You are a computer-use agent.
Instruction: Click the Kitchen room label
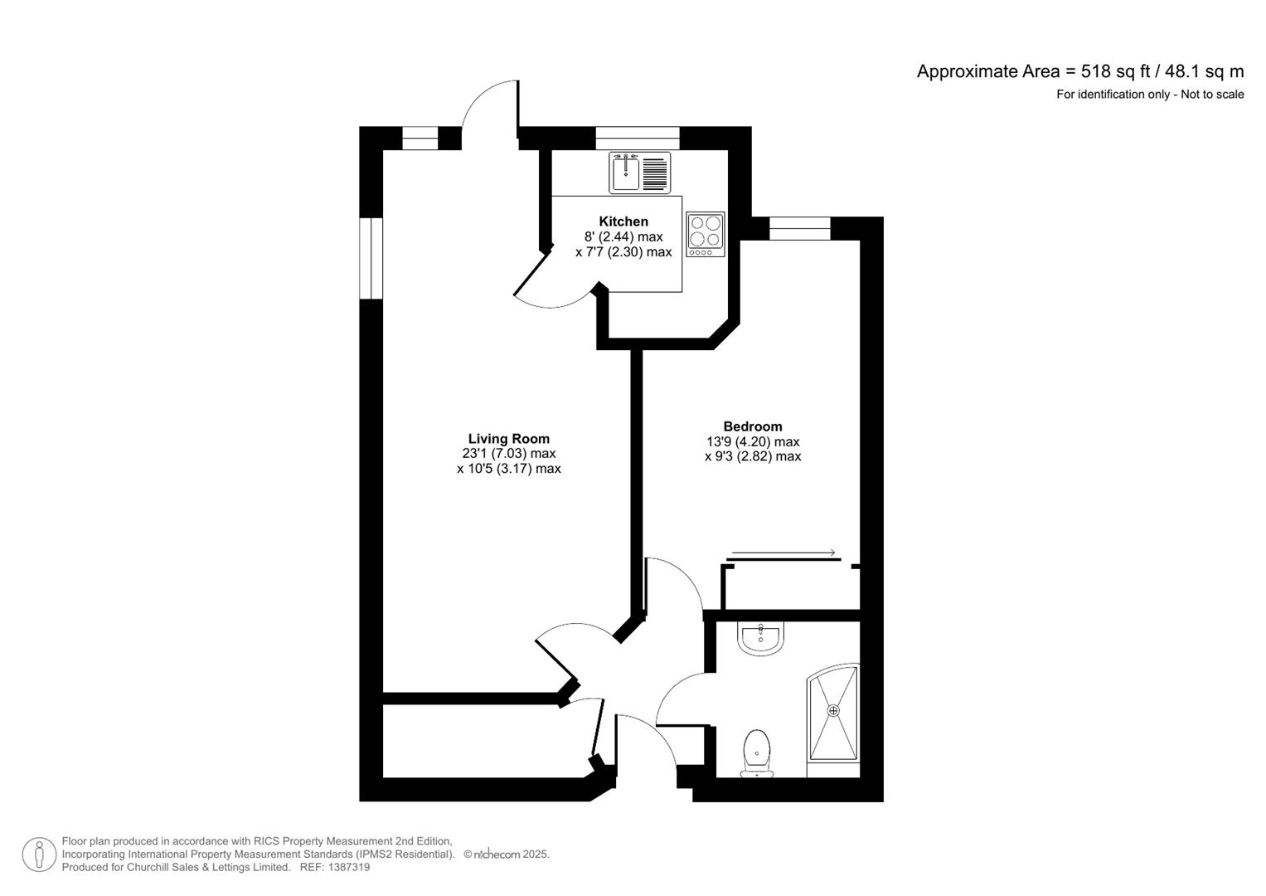point(623,222)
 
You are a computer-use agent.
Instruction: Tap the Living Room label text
point(508,439)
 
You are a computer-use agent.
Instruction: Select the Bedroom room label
point(752,426)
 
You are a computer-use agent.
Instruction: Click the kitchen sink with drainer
point(639,173)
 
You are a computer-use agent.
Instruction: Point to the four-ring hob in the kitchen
point(705,234)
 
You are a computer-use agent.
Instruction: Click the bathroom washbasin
point(759,639)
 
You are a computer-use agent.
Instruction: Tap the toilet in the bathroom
point(756,752)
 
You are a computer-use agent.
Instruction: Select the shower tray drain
point(833,711)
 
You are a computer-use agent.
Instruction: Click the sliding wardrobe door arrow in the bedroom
point(783,553)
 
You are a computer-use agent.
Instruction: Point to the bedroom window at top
point(799,229)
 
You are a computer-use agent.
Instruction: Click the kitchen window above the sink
point(637,138)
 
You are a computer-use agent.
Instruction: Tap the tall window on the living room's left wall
point(371,258)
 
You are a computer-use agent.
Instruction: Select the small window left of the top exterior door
point(420,138)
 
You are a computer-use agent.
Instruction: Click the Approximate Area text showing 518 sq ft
point(1079,71)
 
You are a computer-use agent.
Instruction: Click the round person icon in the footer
point(39,855)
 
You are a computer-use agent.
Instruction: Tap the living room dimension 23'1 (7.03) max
point(508,454)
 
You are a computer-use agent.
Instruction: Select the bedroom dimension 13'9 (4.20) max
point(752,441)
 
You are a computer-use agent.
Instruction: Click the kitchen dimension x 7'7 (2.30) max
point(623,251)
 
